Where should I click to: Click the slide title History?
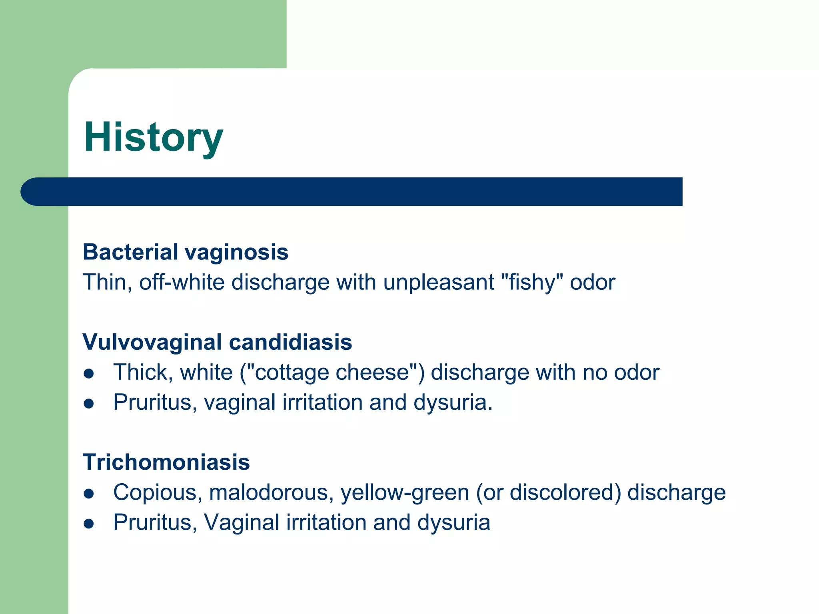153,137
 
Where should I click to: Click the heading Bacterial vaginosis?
185,252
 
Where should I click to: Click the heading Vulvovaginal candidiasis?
217,342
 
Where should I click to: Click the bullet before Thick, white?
89,374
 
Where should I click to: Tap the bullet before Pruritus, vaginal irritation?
89,404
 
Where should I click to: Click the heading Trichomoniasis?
166,462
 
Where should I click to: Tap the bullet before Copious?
89,494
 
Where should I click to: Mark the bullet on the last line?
89,524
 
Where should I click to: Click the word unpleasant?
439,282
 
